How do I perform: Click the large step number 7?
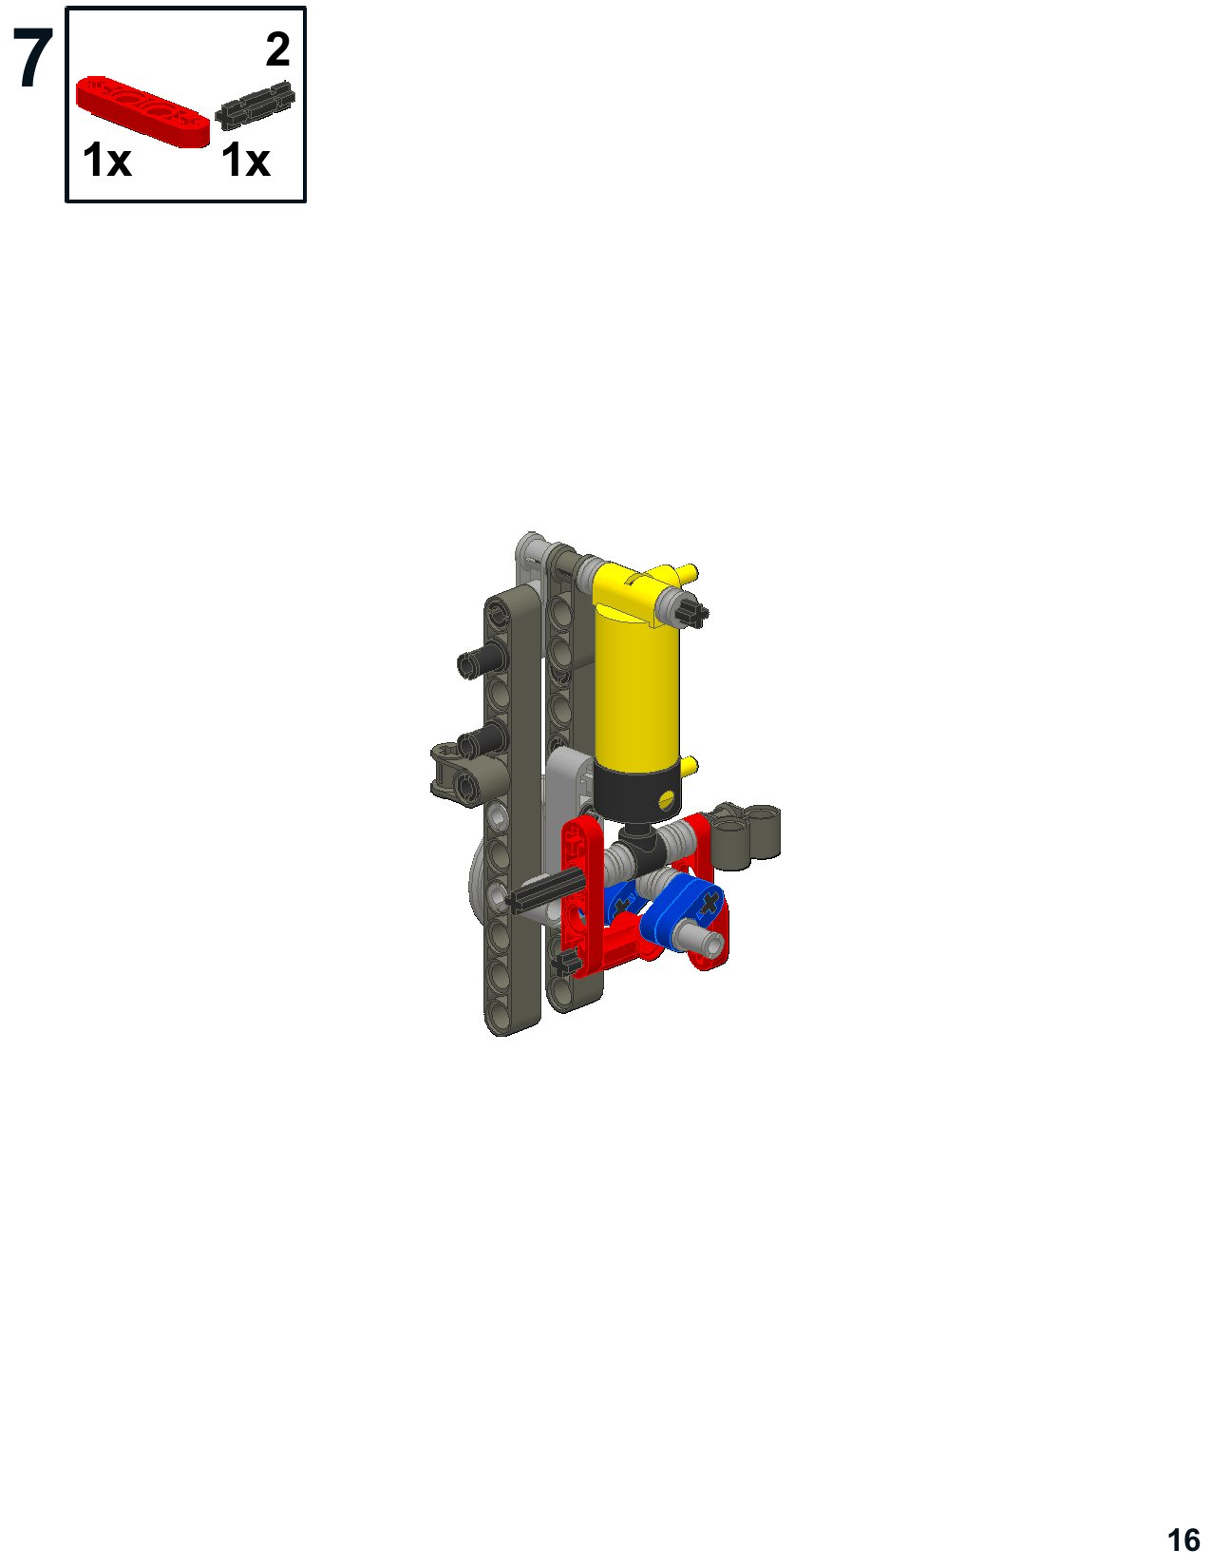point(32,59)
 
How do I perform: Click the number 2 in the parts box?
point(277,49)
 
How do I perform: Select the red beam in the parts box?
point(142,111)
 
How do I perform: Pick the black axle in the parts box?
point(255,105)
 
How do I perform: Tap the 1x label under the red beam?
point(106,160)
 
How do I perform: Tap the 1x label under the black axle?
point(245,160)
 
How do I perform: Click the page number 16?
point(1183,1539)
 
